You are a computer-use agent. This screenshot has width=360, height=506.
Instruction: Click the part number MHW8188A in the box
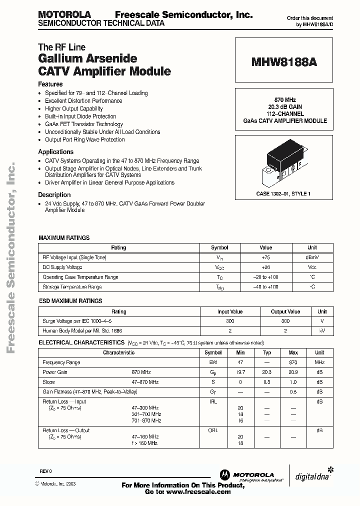pos(283,63)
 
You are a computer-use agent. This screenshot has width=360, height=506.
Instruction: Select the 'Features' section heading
pos(50,84)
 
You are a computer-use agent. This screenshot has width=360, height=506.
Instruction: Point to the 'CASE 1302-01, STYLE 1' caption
pos(283,193)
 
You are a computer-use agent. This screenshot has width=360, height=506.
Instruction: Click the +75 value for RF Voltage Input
pos(265,257)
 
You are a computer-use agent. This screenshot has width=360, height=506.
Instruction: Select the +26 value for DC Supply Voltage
pos(265,267)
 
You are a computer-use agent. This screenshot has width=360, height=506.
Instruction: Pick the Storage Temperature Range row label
pos(72,287)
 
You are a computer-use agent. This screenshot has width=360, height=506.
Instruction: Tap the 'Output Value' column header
pos(285,311)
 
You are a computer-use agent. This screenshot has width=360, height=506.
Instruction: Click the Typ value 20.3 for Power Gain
pos(267,372)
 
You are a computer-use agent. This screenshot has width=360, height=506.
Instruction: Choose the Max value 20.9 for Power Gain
pos(293,372)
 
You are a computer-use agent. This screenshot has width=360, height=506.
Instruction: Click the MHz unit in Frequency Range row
pos(319,362)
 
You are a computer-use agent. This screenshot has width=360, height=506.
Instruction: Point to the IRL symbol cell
pos(213,401)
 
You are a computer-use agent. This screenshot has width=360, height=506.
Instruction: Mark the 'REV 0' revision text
pos(45,471)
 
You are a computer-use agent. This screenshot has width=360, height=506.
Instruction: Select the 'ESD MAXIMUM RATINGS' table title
pos(70,301)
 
